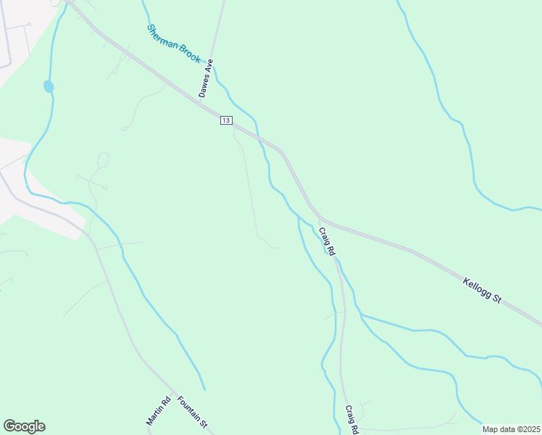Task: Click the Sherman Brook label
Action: [x=173, y=44]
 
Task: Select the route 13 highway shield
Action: [x=226, y=120]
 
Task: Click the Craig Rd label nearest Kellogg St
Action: [x=326, y=241]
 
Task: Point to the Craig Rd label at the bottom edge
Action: [x=351, y=419]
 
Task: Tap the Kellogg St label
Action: [x=483, y=288]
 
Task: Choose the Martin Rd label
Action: [x=158, y=410]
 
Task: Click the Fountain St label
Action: [x=193, y=411]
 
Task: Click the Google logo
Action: [x=24, y=426]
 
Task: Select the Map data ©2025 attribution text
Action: [x=511, y=429]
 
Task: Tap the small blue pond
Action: [x=49, y=86]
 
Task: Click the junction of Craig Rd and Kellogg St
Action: [x=320, y=217]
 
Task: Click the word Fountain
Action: [x=188, y=407]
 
